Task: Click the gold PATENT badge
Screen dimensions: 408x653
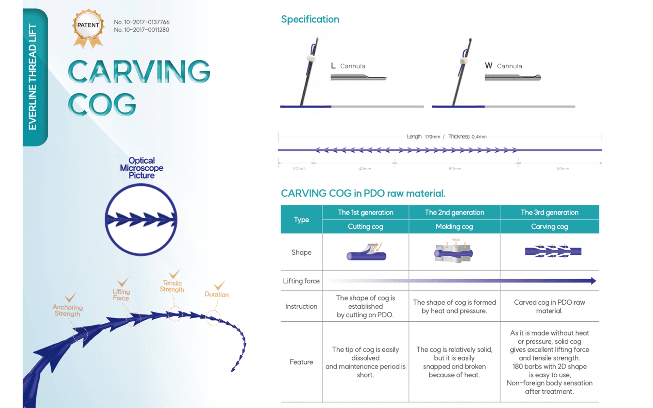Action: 88,27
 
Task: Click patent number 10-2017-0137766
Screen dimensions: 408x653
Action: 141,22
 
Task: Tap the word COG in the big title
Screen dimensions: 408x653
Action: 102,105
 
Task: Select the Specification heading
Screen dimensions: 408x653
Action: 310,19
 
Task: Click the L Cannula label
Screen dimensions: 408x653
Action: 348,66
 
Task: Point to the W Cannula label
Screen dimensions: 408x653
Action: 503,66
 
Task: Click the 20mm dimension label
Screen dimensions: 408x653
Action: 299,169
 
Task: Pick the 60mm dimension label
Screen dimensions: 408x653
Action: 455,169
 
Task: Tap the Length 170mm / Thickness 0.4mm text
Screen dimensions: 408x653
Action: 447,137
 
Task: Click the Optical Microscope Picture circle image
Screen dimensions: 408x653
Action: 141,220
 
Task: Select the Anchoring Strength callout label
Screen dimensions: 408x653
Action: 67,310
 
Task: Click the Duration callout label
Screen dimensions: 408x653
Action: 217,294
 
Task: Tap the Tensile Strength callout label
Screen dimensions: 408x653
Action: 172,286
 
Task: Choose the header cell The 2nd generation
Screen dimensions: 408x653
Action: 454,213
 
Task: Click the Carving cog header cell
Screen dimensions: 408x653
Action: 549,226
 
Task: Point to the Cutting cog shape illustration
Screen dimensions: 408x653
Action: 366,252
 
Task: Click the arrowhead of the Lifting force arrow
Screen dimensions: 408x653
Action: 593,281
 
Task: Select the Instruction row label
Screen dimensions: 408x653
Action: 301,306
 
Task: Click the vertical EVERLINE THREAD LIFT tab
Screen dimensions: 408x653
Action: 33,77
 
